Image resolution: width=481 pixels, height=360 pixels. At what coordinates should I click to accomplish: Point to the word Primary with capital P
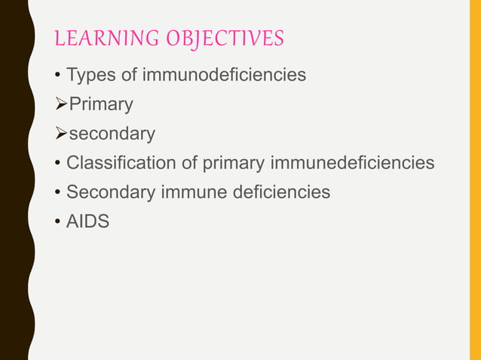pyautogui.click(x=101, y=105)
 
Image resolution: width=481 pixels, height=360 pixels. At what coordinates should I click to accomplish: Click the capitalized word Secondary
pyautogui.click(x=108, y=192)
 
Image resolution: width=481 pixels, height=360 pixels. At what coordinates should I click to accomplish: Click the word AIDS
pyautogui.click(x=87, y=221)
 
